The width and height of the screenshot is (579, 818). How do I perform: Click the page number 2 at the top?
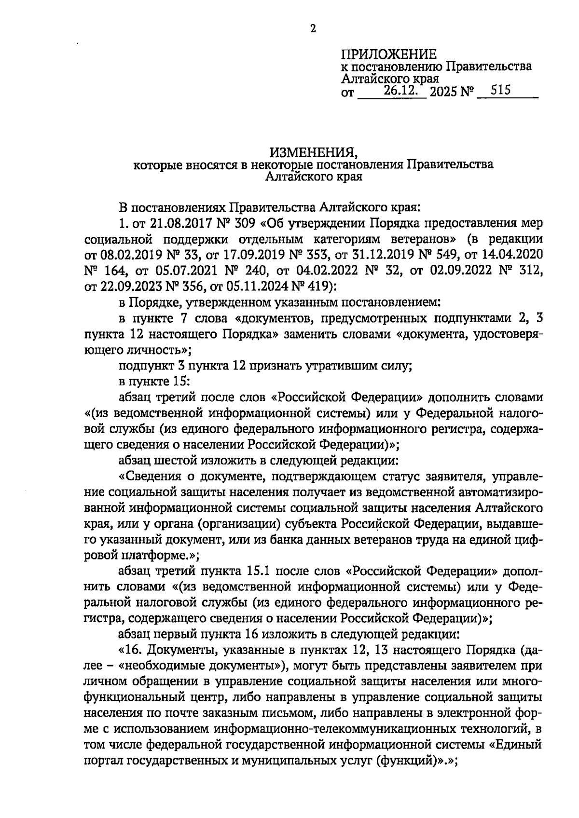click(x=313, y=29)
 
